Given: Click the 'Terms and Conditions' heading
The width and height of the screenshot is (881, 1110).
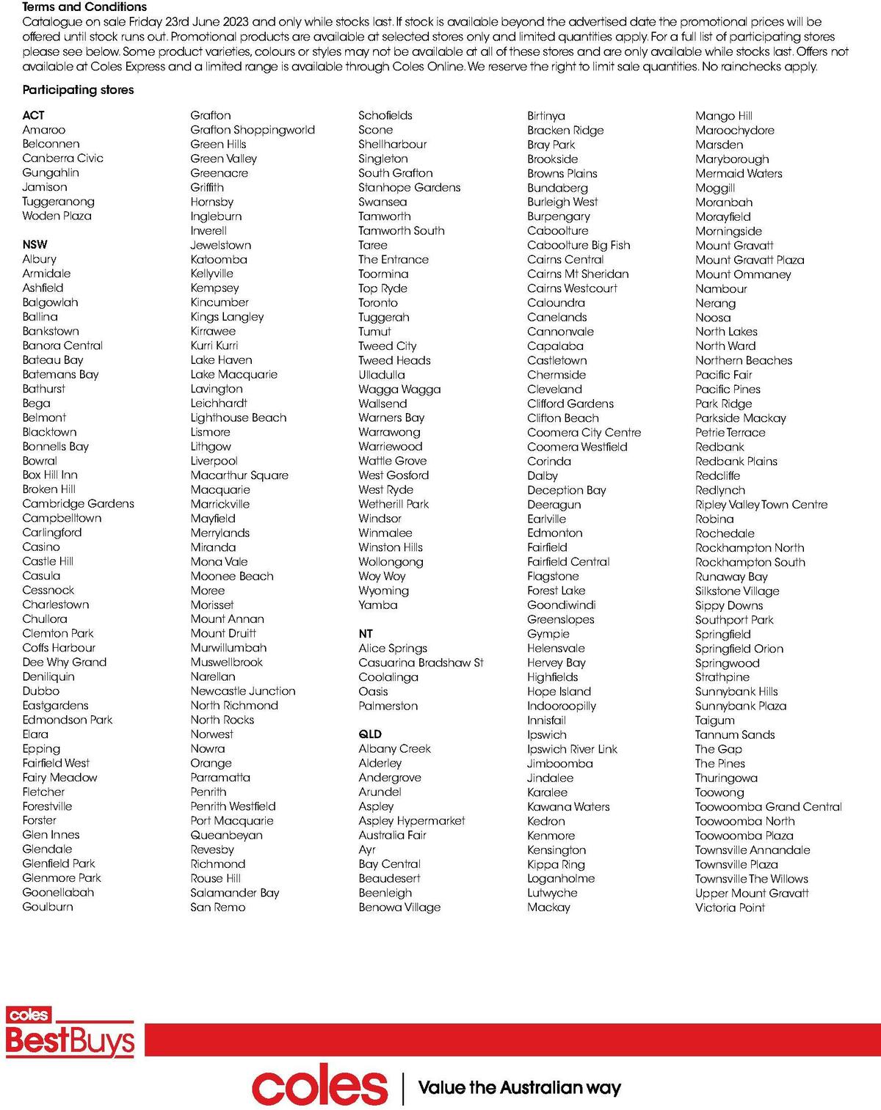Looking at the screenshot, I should click(x=84, y=7).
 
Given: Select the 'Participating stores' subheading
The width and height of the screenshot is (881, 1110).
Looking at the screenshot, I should click(x=78, y=90).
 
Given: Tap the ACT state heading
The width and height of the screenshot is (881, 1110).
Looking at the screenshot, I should click(x=33, y=115).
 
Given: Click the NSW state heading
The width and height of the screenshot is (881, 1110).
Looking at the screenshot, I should click(x=35, y=244).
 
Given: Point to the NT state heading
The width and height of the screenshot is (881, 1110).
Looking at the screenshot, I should click(x=366, y=633).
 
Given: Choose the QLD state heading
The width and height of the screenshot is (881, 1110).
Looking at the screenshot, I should click(x=370, y=734).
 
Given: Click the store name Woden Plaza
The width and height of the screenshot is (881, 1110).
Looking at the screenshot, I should click(x=57, y=216).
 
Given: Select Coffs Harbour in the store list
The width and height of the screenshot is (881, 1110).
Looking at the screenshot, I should click(x=59, y=647).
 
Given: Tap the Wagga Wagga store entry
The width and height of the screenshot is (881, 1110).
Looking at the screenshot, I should click(x=399, y=389).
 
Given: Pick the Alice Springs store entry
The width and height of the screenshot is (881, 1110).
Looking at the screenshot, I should click(x=393, y=648).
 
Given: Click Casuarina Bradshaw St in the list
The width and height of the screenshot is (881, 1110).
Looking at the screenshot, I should click(x=421, y=662).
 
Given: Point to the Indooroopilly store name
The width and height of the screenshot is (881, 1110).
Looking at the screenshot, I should click(x=562, y=706).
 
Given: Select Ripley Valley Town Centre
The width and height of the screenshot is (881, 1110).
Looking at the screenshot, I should click(x=761, y=505).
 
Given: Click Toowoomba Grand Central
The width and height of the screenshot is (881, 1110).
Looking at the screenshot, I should click(x=769, y=806).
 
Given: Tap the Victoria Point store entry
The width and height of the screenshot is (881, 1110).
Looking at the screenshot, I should click(x=730, y=908).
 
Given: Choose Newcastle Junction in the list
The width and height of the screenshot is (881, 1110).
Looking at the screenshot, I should click(x=243, y=691).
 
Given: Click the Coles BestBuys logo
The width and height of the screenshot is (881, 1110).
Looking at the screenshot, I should click(x=70, y=1033).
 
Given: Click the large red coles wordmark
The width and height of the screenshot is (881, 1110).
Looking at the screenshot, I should click(x=319, y=1087).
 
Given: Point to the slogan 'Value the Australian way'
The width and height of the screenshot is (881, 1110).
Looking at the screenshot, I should click(x=520, y=1087).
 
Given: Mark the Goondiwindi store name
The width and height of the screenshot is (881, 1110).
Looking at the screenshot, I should click(x=562, y=605).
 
